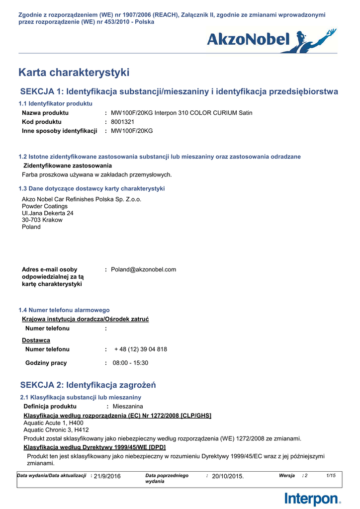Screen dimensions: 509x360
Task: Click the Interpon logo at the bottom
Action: [x=313, y=499]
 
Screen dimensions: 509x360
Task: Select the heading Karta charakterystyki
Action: [x=74, y=73]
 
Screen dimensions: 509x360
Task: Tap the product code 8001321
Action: [x=122, y=122]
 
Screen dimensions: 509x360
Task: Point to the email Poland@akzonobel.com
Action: [x=143, y=269]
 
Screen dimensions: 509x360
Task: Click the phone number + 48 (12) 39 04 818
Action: [x=141, y=349]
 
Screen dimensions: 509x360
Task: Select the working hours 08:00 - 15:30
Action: [x=130, y=363]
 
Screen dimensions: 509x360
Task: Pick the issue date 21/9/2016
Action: [x=107, y=476]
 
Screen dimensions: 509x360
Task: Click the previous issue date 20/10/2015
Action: [x=228, y=476]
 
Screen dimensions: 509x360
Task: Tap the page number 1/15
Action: [x=331, y=476]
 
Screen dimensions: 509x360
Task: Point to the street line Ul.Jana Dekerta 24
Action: [x=48, y=213]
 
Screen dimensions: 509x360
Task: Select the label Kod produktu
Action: [x=42, y=122]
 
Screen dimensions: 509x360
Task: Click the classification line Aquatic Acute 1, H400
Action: [x=54, y=423]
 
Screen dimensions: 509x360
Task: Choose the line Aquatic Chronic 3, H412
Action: [x=56, y=429]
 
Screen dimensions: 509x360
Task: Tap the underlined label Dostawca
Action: [x=36, y=340]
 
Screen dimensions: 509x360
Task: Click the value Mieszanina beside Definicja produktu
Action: [x=128, y=407]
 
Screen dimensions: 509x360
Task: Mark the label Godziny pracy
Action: [x=46, y=363]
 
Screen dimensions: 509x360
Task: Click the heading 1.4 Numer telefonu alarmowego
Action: [x=64, y=310]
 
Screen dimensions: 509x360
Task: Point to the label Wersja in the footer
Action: [x=287, y=476]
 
